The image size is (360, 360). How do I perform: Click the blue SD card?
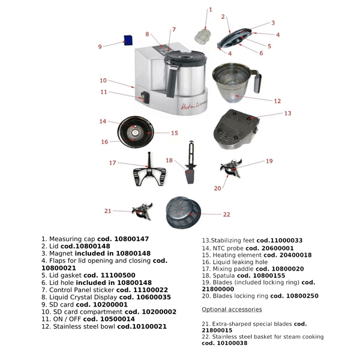pyautogui.click(x=128, y=40)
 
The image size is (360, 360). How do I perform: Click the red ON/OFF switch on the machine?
pyautogui.click(x=145, y=97)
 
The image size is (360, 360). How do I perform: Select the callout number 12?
pyautogui.click(x=277, y=101)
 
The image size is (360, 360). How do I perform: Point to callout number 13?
pyautogui.click(x=287, y=113)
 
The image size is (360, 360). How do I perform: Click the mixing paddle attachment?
pyautogui.click(x=149, y=170)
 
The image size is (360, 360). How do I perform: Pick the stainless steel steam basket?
pyautogui.click(x=184, y=212)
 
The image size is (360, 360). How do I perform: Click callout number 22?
pyautogui.click(x=227, y=214)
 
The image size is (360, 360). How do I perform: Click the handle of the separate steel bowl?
pyautogui.click(x=257, y=81)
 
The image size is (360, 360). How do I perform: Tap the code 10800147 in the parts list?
pyautogui.click(x=131, y=239)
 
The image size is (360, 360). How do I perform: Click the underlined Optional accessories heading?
pyautogui.click(x=232, y=310)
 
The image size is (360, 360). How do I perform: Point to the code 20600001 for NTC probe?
pyautogui.click(x=278, y=248)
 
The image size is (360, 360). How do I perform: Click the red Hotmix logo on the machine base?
pyautogui.click(x=194, y=106)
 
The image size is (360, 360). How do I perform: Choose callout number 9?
pyautogui.click(x=100, y=47)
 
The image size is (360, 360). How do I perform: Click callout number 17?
pyautogui.click(x=112, y=163)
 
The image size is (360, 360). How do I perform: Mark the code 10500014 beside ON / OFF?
pyautogui.click(x=118, y=319)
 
